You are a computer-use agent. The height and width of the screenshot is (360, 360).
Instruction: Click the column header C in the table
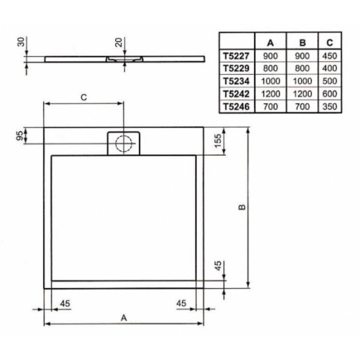pyautogui.click(x=329, y=41)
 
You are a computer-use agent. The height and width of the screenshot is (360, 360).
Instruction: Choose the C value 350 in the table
pyautogui.click(x=329, y=107)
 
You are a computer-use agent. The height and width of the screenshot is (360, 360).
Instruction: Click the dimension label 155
pyautogui.click(x=217, y=141)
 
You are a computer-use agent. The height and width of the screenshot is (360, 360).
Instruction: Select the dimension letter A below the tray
pyautogui.click(x=123, y=316)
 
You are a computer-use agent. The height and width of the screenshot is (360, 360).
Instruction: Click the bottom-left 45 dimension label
pyautogui.click(x=64, y=302)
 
